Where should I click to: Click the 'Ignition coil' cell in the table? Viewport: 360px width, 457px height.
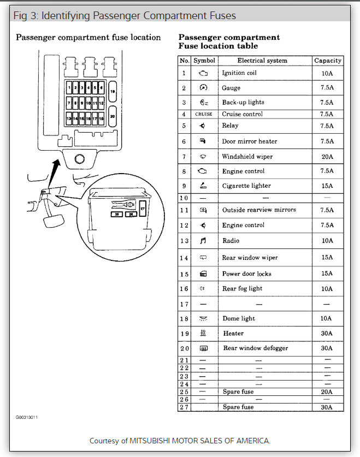[239, 73]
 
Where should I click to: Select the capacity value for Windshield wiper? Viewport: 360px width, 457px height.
[327, 157]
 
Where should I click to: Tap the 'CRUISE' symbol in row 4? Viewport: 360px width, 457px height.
[204, 114]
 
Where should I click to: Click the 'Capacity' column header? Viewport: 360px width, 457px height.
[328, 61]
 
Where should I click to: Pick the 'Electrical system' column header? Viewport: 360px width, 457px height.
[262, 61]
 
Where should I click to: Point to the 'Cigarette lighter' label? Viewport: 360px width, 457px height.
[246, 186]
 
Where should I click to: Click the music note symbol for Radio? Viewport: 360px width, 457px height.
[203, 240]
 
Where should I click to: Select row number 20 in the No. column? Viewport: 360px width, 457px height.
[185, 348]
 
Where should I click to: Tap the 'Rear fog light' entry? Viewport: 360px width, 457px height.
[242, 288]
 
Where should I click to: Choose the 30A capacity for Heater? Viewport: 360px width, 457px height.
[327, 333]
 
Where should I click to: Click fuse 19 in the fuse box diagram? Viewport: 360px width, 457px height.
[112, 91]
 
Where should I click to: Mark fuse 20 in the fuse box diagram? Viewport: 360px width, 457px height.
[112, 116]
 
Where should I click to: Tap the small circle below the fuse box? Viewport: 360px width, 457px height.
[78, 159]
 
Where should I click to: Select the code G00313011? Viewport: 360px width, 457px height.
[26, 418]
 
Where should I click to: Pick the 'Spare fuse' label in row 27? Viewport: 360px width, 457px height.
[238, 407]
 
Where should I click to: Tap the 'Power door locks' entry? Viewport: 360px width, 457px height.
[246, 274]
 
